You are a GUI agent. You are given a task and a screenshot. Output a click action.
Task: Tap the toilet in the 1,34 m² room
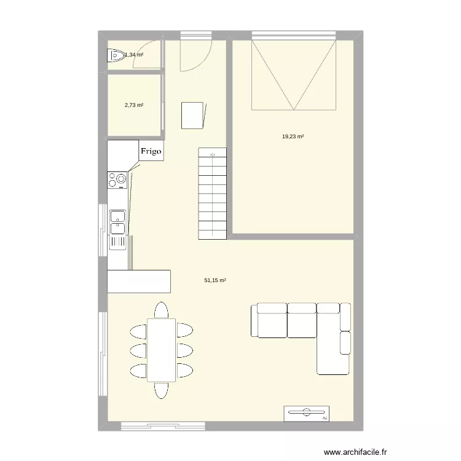click(115, 56)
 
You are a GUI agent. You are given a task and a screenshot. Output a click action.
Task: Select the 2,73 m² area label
click(134, 105)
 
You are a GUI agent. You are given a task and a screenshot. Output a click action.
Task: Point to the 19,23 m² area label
click(293, 137)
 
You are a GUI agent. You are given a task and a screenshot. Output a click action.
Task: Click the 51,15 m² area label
click(215, 280)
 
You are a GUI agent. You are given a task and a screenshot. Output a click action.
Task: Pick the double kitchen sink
click(117, 223)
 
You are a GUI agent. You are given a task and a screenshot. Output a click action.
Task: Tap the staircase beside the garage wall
click(213, 194)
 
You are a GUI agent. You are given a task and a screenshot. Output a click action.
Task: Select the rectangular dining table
click(161, 349)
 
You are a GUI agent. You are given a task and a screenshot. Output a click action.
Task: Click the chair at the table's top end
click(161, 310)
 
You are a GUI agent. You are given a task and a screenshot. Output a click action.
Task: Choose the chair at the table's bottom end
click(161, 390)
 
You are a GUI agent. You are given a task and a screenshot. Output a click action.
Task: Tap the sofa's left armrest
click(254, 320)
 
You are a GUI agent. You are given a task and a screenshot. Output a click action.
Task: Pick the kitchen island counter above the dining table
click(139, 281)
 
